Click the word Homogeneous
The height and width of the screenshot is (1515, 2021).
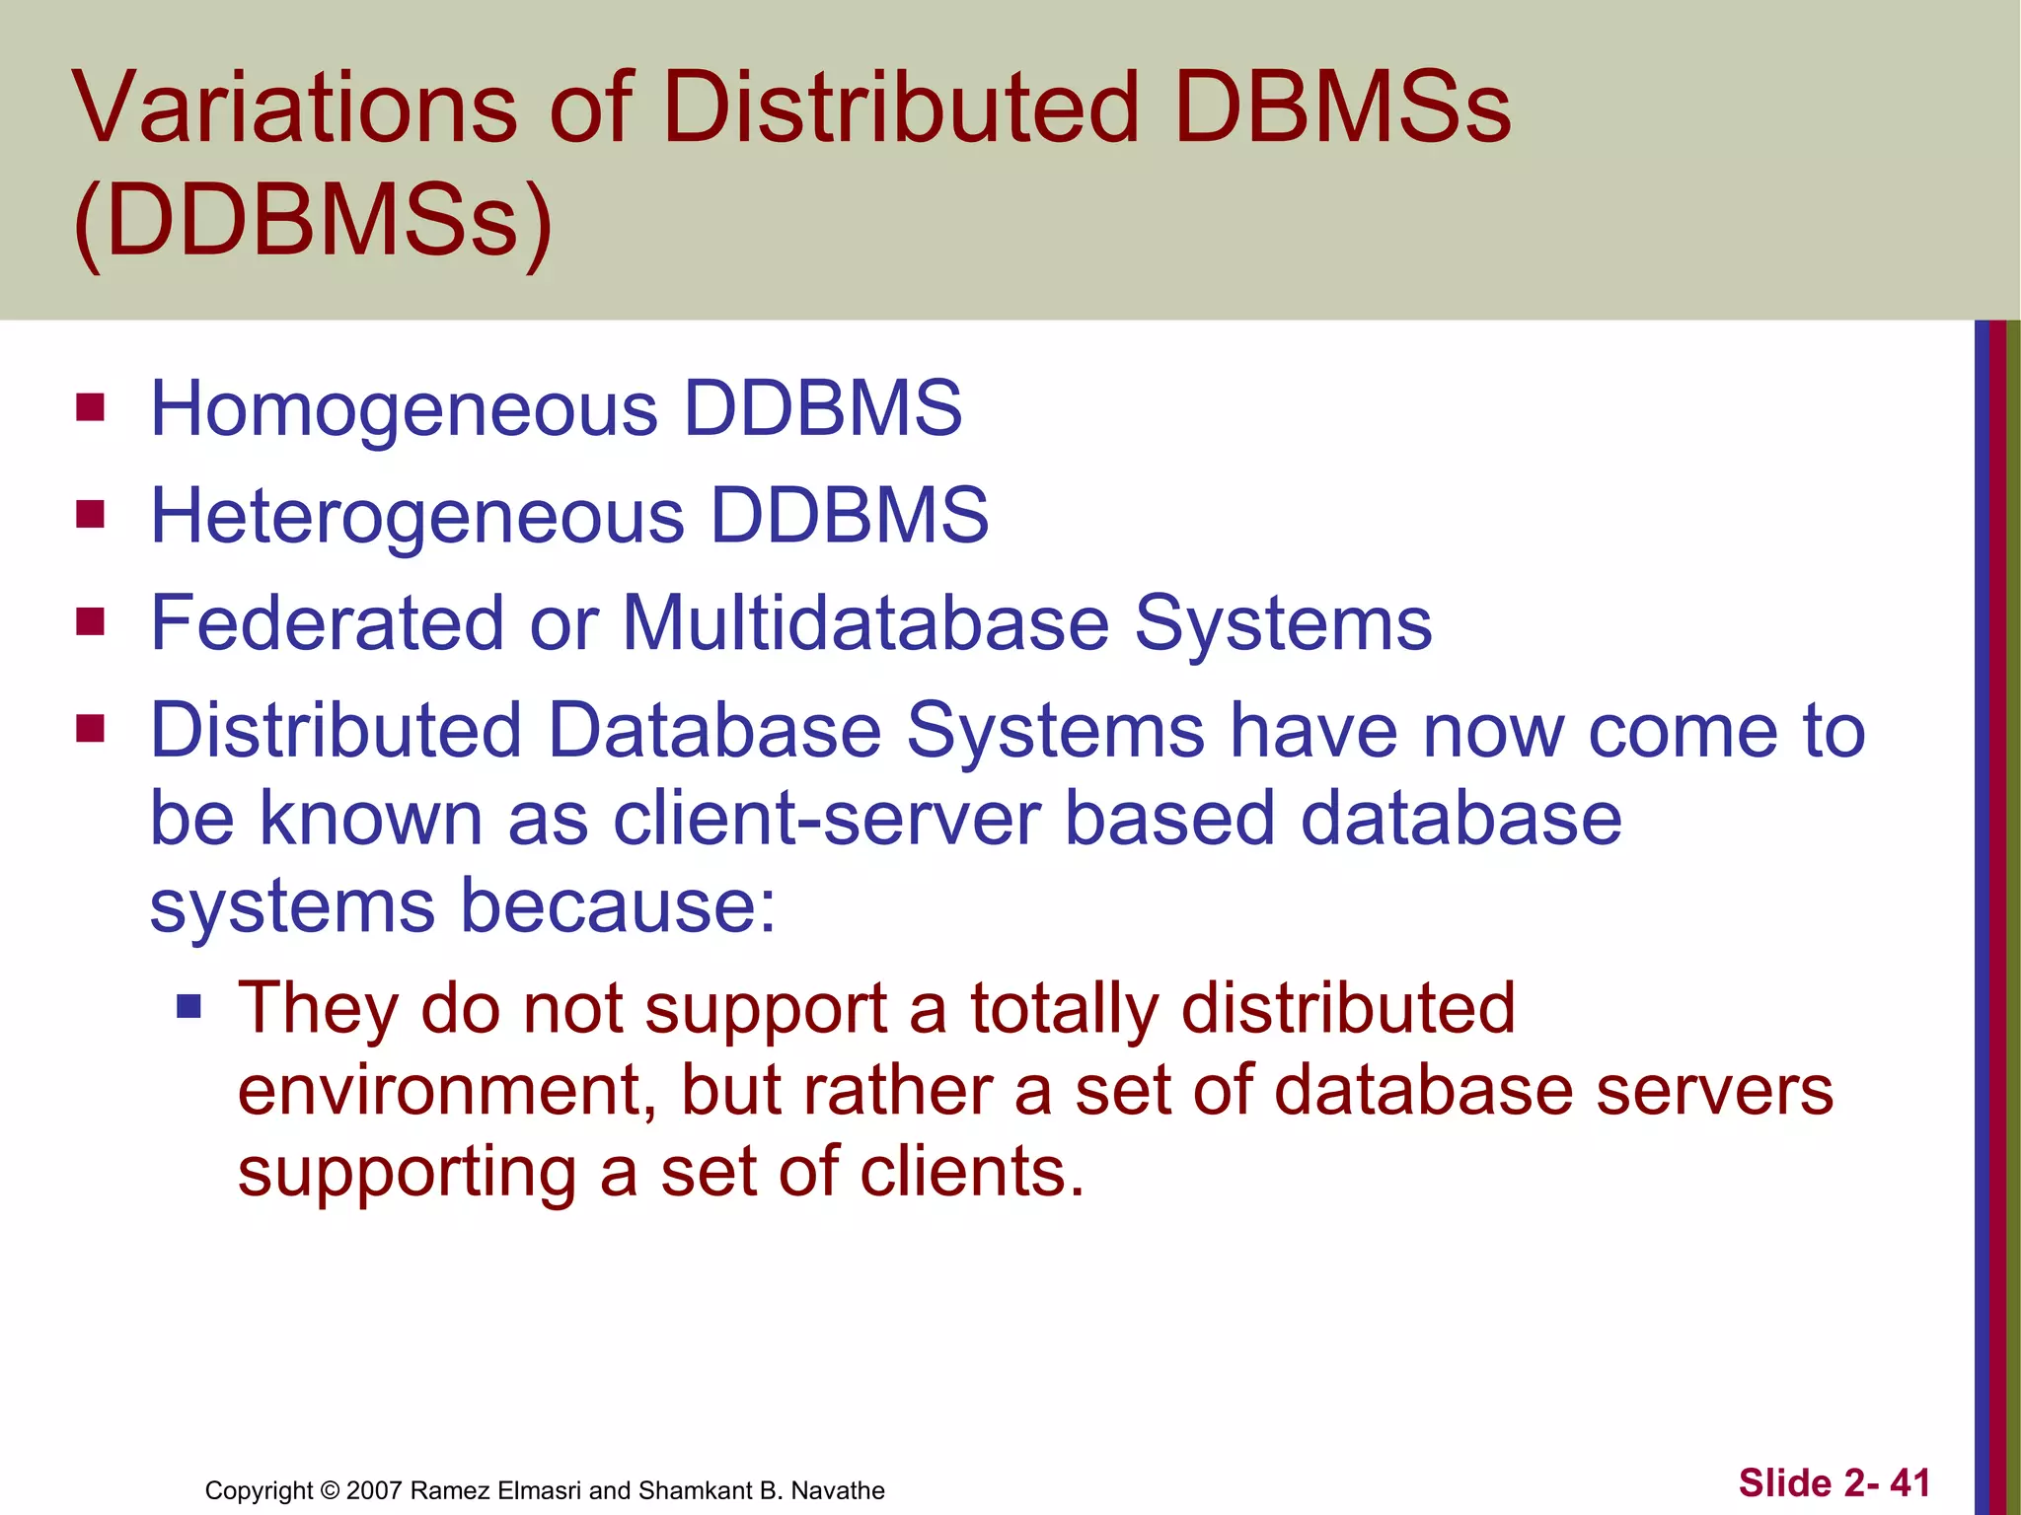[404, 409]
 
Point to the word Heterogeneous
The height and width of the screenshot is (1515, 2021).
[417, 516]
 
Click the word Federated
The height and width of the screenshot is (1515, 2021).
[327, 623]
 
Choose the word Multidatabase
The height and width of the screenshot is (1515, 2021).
[865, 623]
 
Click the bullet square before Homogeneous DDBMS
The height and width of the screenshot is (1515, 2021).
[91, 407]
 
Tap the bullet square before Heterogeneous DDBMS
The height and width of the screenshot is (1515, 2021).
[91, 514]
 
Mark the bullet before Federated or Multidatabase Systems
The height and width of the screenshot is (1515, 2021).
[91, 621]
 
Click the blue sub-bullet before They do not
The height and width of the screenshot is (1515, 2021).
[188, 1006]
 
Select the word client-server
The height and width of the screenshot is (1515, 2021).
[826, 819]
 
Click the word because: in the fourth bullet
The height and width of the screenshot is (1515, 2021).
[619, 905]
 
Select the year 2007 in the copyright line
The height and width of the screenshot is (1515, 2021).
[374, 1490]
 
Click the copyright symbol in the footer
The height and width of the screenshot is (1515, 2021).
[330, 1490]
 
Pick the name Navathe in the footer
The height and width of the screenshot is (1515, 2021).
[838, 1490]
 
